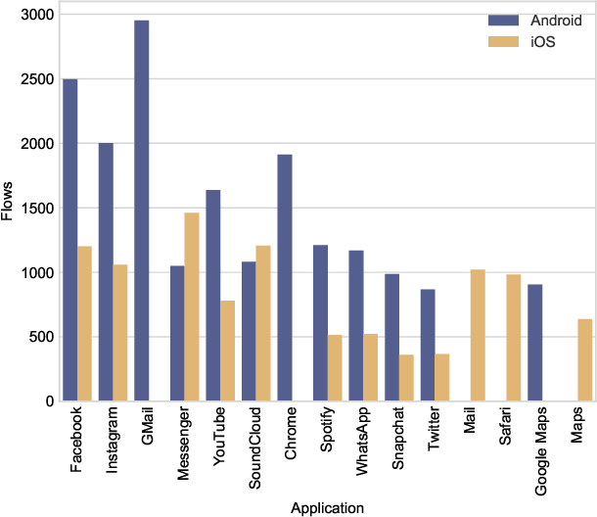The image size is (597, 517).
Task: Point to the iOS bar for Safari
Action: (513, 337)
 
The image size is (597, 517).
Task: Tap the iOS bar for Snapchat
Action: (406, 377)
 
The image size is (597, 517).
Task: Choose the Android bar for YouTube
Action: (213, 295)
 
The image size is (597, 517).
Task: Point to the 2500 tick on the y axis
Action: (33, 79)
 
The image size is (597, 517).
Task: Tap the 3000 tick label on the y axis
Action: (33, 15)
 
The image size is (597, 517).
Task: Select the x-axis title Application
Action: (327, 507)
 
